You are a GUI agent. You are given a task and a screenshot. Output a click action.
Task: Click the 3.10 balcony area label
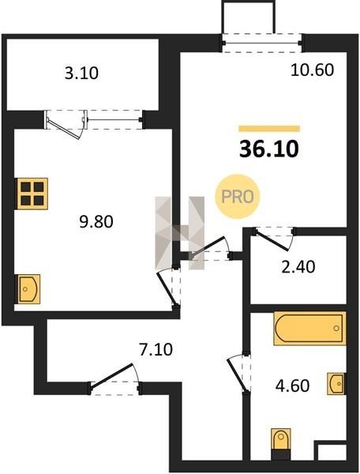(x=81, y=73)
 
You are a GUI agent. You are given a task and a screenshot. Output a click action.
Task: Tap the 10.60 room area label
(x=313, y=70)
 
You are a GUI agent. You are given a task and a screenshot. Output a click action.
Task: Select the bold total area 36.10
(x=269, y=149)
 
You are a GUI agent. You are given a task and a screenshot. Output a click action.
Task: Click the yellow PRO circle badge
(x=238, y=197)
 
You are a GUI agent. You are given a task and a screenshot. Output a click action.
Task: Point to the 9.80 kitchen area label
(x=96, y=221)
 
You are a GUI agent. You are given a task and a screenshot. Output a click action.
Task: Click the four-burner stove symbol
(x=32, y=194)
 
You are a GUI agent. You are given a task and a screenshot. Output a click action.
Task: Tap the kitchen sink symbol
(x=28, y=289)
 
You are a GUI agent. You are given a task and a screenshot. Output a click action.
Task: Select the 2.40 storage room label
(x=298, y=267)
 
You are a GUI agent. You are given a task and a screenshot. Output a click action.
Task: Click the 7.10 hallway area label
(x=156, y=350)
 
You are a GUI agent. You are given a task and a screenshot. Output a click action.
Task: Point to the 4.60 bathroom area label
(x=293, y=386)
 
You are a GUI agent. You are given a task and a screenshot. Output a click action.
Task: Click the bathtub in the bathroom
(x=309, y=329)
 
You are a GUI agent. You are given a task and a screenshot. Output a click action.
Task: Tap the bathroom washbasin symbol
(x=336, y=384)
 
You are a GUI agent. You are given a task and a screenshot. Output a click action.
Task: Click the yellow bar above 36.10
(x=269, y=129)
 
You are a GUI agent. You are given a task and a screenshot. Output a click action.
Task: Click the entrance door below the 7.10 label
(x=114, y=378)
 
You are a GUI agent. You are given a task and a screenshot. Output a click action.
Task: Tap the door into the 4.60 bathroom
(x=239, y=373)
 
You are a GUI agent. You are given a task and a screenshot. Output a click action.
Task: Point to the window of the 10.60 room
(x=262, y=43)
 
